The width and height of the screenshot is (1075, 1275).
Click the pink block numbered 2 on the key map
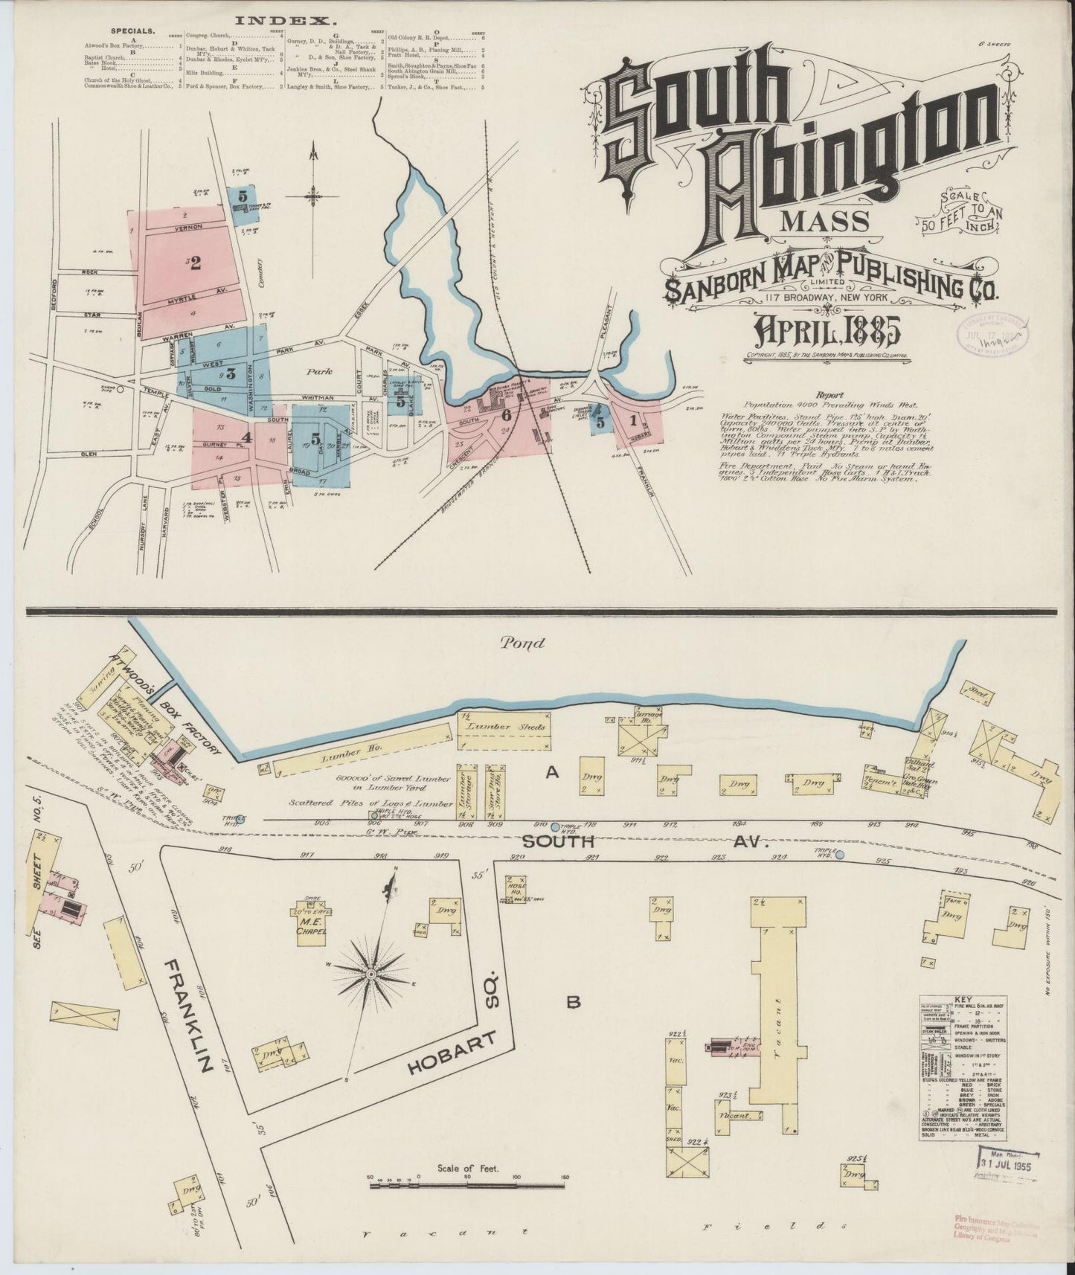point(195,263)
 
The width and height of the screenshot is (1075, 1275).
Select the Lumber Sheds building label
point(504,727)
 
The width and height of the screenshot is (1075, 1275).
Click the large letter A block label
point(551,773)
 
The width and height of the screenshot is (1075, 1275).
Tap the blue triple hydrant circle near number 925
point(839,855)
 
